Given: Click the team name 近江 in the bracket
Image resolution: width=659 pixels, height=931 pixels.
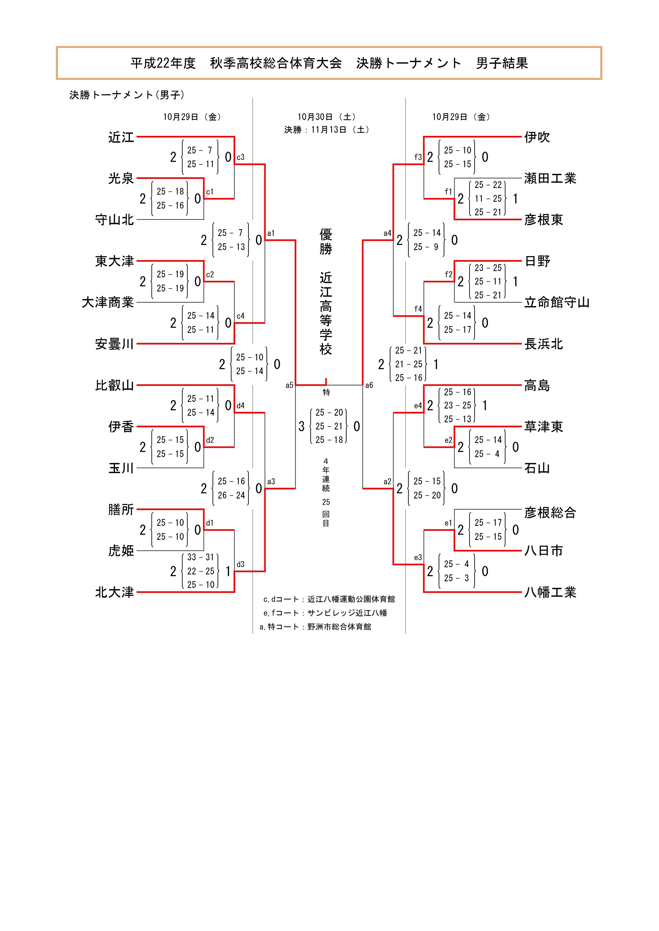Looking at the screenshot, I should [121, 137].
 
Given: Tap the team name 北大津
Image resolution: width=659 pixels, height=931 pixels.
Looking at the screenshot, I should [114, 592].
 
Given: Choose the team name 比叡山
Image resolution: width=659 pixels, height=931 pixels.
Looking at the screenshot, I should [114, 385].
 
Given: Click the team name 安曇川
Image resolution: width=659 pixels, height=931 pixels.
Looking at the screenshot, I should [114, 344].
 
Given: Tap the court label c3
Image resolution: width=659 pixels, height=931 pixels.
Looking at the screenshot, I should [241, 157].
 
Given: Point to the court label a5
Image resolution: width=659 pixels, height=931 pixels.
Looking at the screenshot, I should [289, 385].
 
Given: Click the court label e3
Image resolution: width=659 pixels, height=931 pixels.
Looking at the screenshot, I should [418, 558].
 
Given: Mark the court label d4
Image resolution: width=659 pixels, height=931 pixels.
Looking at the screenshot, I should [241, 406].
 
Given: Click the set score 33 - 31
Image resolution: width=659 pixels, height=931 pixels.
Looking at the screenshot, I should [201, 557].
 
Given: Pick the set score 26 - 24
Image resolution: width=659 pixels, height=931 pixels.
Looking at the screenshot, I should [231, 495].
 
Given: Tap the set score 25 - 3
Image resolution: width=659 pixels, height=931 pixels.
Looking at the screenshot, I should [457, 578].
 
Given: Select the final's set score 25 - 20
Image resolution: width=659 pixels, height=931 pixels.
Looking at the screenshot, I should [329, 412].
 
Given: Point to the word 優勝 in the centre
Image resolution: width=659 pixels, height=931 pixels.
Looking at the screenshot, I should [326, 241].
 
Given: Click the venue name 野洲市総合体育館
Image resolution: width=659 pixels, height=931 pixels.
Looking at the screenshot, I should [339, 627].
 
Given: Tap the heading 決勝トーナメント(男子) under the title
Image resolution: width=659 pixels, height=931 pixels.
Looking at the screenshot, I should [127, 95].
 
